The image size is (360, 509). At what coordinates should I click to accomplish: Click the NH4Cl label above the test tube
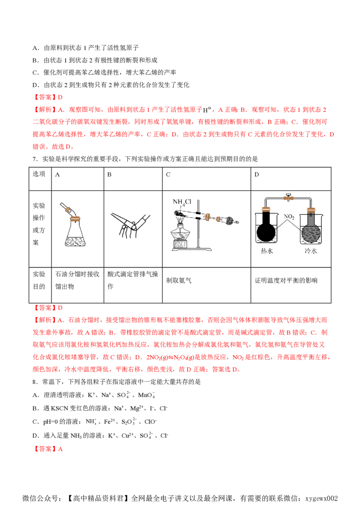pos(182,202)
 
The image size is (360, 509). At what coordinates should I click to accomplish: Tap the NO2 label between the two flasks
pos(289,217)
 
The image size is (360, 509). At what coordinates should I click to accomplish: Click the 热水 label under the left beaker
pos(267,251)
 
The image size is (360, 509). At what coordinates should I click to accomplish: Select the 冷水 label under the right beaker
pos(310,251)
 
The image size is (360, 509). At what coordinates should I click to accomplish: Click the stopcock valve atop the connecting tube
pos(288,197)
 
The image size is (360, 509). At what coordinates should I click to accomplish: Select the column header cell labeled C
pos(207,179)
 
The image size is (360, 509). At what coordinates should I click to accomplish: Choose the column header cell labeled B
pos(133,179)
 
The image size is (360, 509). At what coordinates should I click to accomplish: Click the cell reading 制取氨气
pos(207,286)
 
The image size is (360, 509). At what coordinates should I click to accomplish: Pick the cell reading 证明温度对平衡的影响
pos(291,286)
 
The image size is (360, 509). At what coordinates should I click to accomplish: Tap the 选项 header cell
pos(40,179)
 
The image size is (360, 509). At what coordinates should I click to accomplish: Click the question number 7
pos(35,159)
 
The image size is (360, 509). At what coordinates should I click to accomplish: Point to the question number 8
pos(35,382)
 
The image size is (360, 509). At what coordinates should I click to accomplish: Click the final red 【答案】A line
pos(48,449)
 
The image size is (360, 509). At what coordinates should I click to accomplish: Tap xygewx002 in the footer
pos(322,498)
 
